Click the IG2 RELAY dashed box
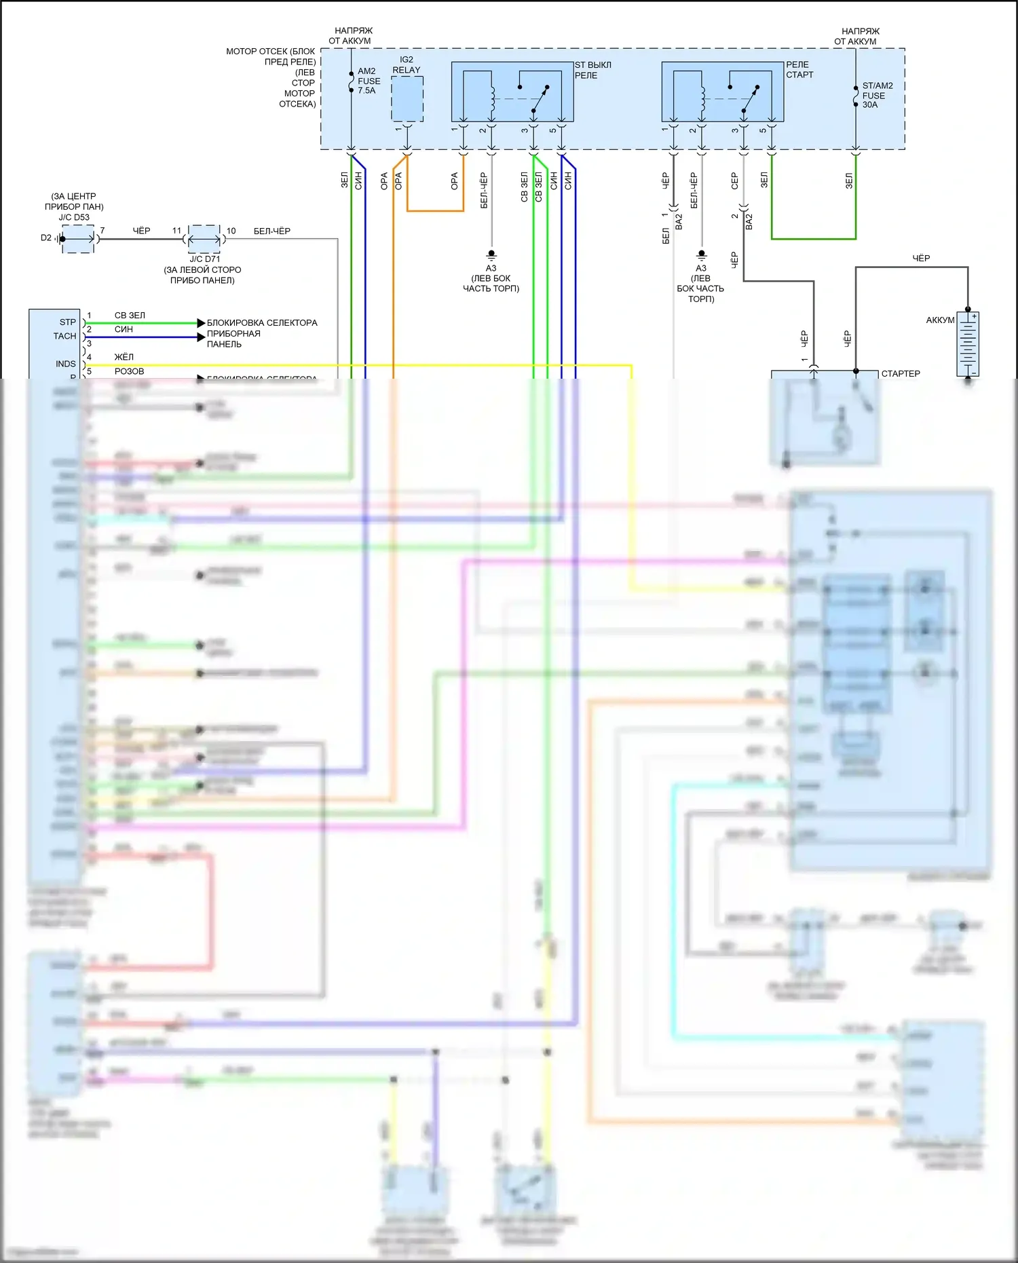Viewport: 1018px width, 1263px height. (407, 99)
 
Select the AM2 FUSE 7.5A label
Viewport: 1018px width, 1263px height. (369, 81)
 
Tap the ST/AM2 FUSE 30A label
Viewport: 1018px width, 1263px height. (877, 95)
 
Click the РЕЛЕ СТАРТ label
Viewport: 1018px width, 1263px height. (799, 70)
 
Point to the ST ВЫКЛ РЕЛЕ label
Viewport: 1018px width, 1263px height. (592, 70)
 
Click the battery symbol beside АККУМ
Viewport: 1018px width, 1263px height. (968, 343)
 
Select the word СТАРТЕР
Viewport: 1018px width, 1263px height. (901, 374)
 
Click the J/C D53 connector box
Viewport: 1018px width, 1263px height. (78, 239)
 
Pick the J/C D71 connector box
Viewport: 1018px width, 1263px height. (204, 239)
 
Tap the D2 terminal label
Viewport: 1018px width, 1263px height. (46, 238)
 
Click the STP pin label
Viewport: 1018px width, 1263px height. (68, 322)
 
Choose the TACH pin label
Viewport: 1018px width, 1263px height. (65, 336)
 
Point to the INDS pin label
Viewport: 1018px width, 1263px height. (66, 364)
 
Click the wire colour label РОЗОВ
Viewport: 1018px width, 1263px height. (129, 371)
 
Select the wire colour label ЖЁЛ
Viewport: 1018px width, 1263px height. (124, 357)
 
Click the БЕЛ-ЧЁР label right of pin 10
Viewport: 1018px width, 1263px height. (271, 231)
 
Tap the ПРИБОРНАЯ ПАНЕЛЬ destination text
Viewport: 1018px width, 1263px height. (233, 339)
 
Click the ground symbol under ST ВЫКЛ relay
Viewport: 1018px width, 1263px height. (491, 256)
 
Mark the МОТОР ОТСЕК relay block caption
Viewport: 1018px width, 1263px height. (271, 77)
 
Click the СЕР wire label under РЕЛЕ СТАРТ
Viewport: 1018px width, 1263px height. (734, 181)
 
